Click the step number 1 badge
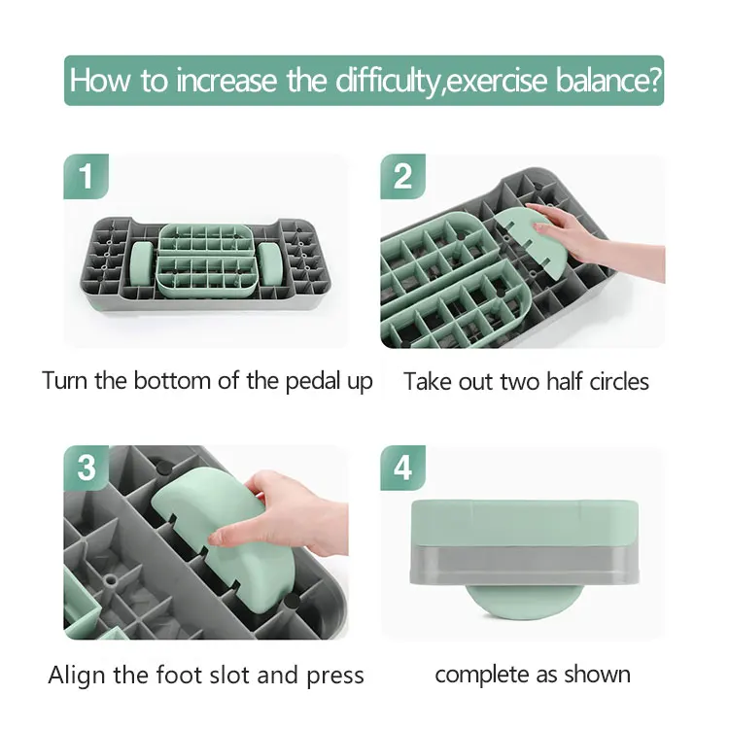(x=87, y=177)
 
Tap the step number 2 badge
(x=402, y=177)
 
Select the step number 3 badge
(x=87, y=468)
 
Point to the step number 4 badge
(x=402, y=468)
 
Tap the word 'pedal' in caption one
(x=295, y=381)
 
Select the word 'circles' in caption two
(x=608, y=381)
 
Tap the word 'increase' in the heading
(x=224, y=81)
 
